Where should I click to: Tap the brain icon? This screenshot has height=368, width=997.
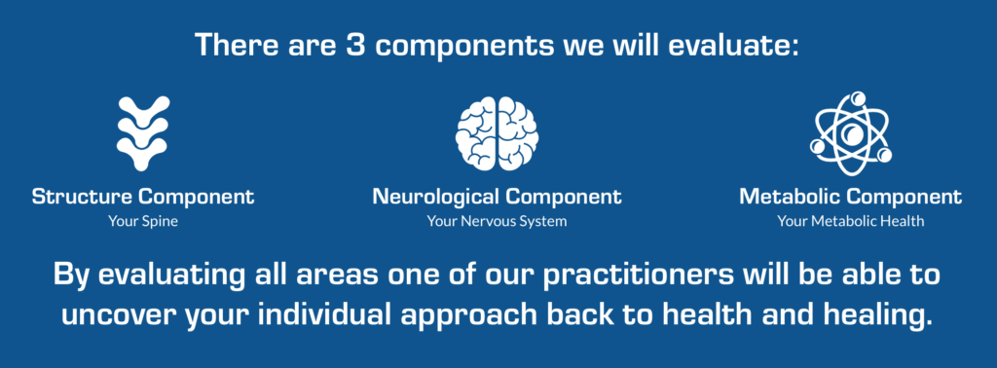[x=498, y=133]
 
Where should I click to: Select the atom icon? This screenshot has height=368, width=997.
[x=851, y=133]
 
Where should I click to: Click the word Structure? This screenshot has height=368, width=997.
[x=83, y=197]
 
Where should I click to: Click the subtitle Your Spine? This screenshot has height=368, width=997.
[x=143, y=222]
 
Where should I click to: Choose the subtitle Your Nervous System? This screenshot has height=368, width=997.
[x=497, y=222]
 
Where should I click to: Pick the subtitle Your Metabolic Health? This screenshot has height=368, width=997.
[x=851, y=222]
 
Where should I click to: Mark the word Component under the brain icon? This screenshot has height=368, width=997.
[x=564, y=198]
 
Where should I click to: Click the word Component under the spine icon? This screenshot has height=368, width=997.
[x=197, y=198]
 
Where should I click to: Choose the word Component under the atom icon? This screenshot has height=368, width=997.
[x=905, y=198]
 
